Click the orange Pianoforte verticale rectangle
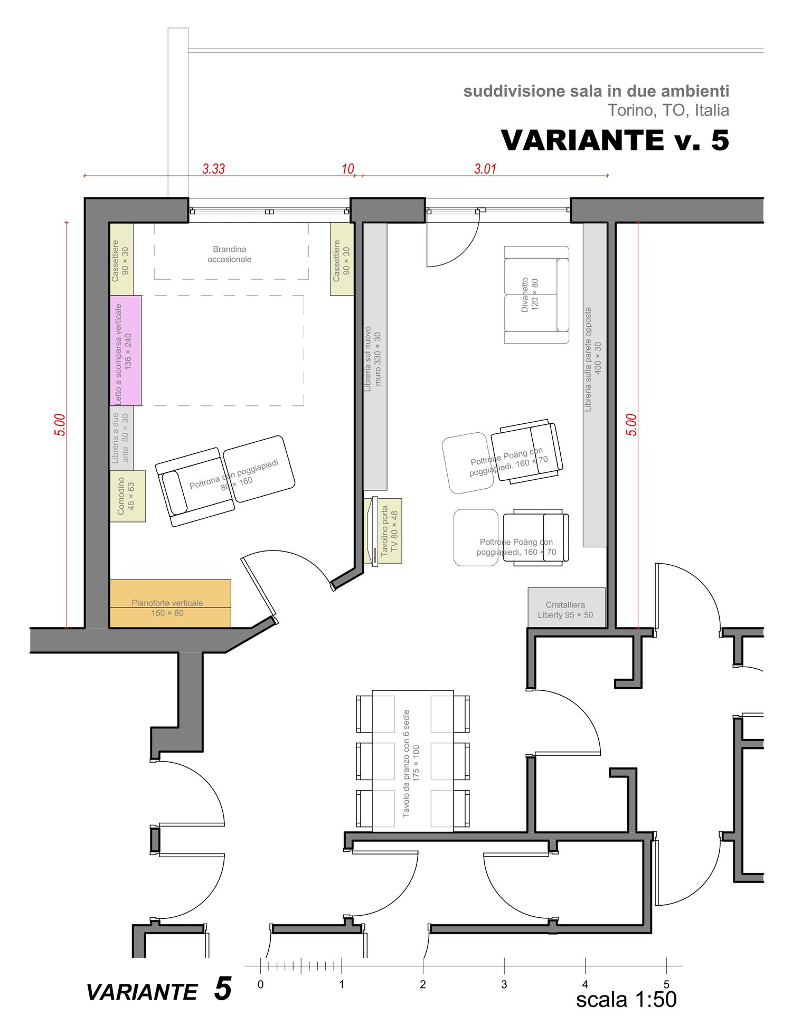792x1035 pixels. click(x=170, y=603)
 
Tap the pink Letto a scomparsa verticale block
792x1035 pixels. click(x=126, y=350)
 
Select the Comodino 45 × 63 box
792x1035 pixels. click(x=127, y=496)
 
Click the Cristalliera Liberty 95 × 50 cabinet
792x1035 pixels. click(x=567, y=607)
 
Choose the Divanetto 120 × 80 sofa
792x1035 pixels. click(x=536, y=295)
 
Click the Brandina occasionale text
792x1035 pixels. click(x=229, y=254)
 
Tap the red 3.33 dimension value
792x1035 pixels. click(x=213, y=169)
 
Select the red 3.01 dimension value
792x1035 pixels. click(x=485, y=169)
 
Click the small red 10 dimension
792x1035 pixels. click(x=347, y=169)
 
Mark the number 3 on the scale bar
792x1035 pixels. click(x=504, y=984)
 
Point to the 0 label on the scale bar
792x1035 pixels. click(x=260, y=984)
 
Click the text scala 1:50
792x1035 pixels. click(x=626, y=1000)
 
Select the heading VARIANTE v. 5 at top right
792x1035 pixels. click(x=615, y=140)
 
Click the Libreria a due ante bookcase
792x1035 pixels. click(x=121, y=438)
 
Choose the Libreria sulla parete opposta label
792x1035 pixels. click(x=593, y=359)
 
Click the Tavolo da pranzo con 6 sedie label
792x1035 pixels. click(x=411, y=763)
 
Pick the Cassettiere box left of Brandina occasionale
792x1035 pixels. click(x=121, y=259)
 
